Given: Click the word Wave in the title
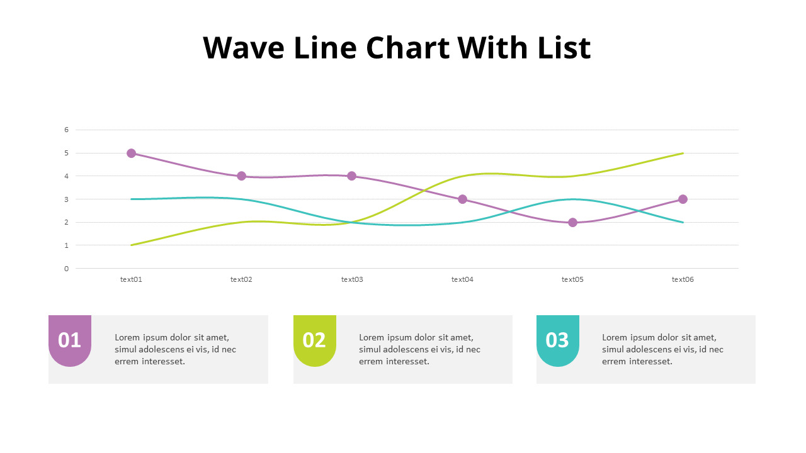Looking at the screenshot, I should pos(243,48).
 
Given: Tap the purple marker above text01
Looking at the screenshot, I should pos(131,153).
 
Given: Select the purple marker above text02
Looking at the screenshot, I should pos(241,176).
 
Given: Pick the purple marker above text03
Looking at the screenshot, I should pos(351,176).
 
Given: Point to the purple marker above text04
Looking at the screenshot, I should pos(462,199).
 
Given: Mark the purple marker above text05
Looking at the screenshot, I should pos(572,222).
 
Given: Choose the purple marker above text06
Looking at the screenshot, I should pos(683,199).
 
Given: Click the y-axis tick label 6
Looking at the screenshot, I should pos(66,130).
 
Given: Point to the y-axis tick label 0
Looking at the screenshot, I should pos(66,269).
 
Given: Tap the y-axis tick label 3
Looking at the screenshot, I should pos(66,199).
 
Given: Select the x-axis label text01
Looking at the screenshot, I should pos(131,279).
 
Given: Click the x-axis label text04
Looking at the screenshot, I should pos(462,279).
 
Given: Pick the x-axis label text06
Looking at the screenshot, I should pos(683,279).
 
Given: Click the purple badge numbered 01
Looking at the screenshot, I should pos(70,340).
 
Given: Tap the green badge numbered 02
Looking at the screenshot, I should pos(314,340).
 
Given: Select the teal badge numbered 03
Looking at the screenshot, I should pos(557,340).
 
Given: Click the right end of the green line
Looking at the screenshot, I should pos(683,153).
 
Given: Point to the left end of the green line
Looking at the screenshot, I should pos(132,245).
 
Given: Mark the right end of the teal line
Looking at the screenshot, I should pos(683,222).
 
